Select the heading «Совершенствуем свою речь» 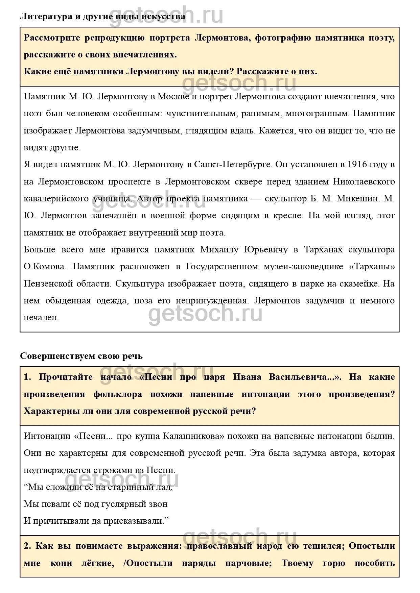point(81,356)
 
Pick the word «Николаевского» point(364,181)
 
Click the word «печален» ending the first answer point(41,318)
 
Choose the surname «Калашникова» point(193,436)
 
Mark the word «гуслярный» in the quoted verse point(127,504)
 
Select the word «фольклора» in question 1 point(117,394)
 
